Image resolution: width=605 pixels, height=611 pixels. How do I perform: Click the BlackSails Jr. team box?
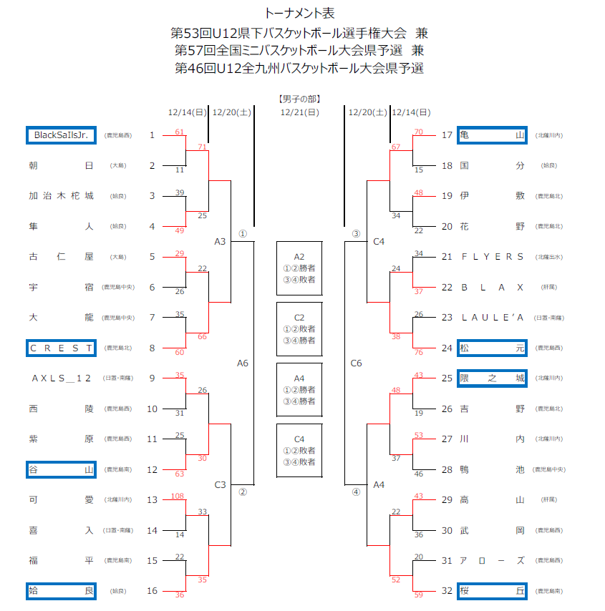[x=61, y=135]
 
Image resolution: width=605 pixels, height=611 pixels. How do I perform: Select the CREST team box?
[x=61, y=348]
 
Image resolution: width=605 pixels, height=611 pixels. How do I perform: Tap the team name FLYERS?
[x=492, y=256]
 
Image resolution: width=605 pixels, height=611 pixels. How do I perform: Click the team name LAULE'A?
[x=492, y=317]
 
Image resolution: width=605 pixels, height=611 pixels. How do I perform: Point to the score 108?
[x=179, y=496]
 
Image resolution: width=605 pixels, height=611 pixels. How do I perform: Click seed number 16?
[x=152, y=591]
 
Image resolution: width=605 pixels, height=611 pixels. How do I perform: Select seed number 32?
[x=447, y=591]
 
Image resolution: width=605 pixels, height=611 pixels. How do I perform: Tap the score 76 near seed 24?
[x=418, y=352]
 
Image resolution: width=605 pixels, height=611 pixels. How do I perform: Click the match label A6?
[x=243, y=363]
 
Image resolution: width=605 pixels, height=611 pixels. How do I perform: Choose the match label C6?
[x=356, y=363]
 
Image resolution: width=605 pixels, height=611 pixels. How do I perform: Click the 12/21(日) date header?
[x=299, y=112]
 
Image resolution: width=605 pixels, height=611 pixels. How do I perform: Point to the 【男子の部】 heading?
[x=299, y=99]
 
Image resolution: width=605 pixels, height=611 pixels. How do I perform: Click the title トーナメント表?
[x=299, y=13]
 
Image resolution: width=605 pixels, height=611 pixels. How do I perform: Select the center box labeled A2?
[x=299, y=268]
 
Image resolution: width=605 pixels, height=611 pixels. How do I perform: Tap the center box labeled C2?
[x=299, y=329]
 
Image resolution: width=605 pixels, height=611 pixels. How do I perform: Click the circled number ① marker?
[x=243, y=233]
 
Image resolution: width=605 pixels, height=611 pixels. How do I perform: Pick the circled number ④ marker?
[x=356, y=492]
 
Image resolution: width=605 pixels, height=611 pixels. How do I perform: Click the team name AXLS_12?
[x=61, y=378]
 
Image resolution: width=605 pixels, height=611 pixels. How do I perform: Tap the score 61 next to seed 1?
[x=179, y=132]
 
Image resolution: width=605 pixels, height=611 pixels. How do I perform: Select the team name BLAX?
[x=492, y=287]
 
